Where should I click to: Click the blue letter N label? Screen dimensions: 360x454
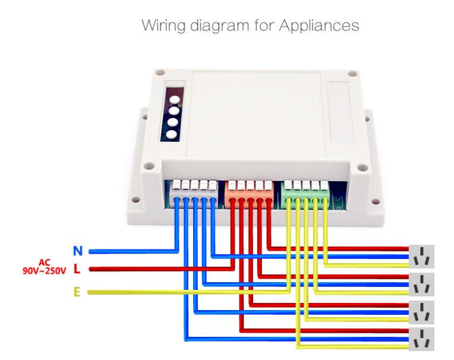click(x=77, y=251)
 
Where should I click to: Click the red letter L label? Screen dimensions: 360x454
click(x=77, y=269)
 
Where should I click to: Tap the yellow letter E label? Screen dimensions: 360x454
click(x=77, y=292)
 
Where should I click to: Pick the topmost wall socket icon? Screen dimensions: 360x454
click(x=421, y=257)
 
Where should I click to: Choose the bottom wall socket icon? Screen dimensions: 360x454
click(x=421, y=339)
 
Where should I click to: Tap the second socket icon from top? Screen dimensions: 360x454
click(x=421, y=285)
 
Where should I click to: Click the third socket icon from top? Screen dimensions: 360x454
click(x=421, y=312)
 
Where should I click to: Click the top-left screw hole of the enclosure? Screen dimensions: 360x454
click(x=160, y=73)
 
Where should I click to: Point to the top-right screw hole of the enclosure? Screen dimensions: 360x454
click(x=352, y=75)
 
